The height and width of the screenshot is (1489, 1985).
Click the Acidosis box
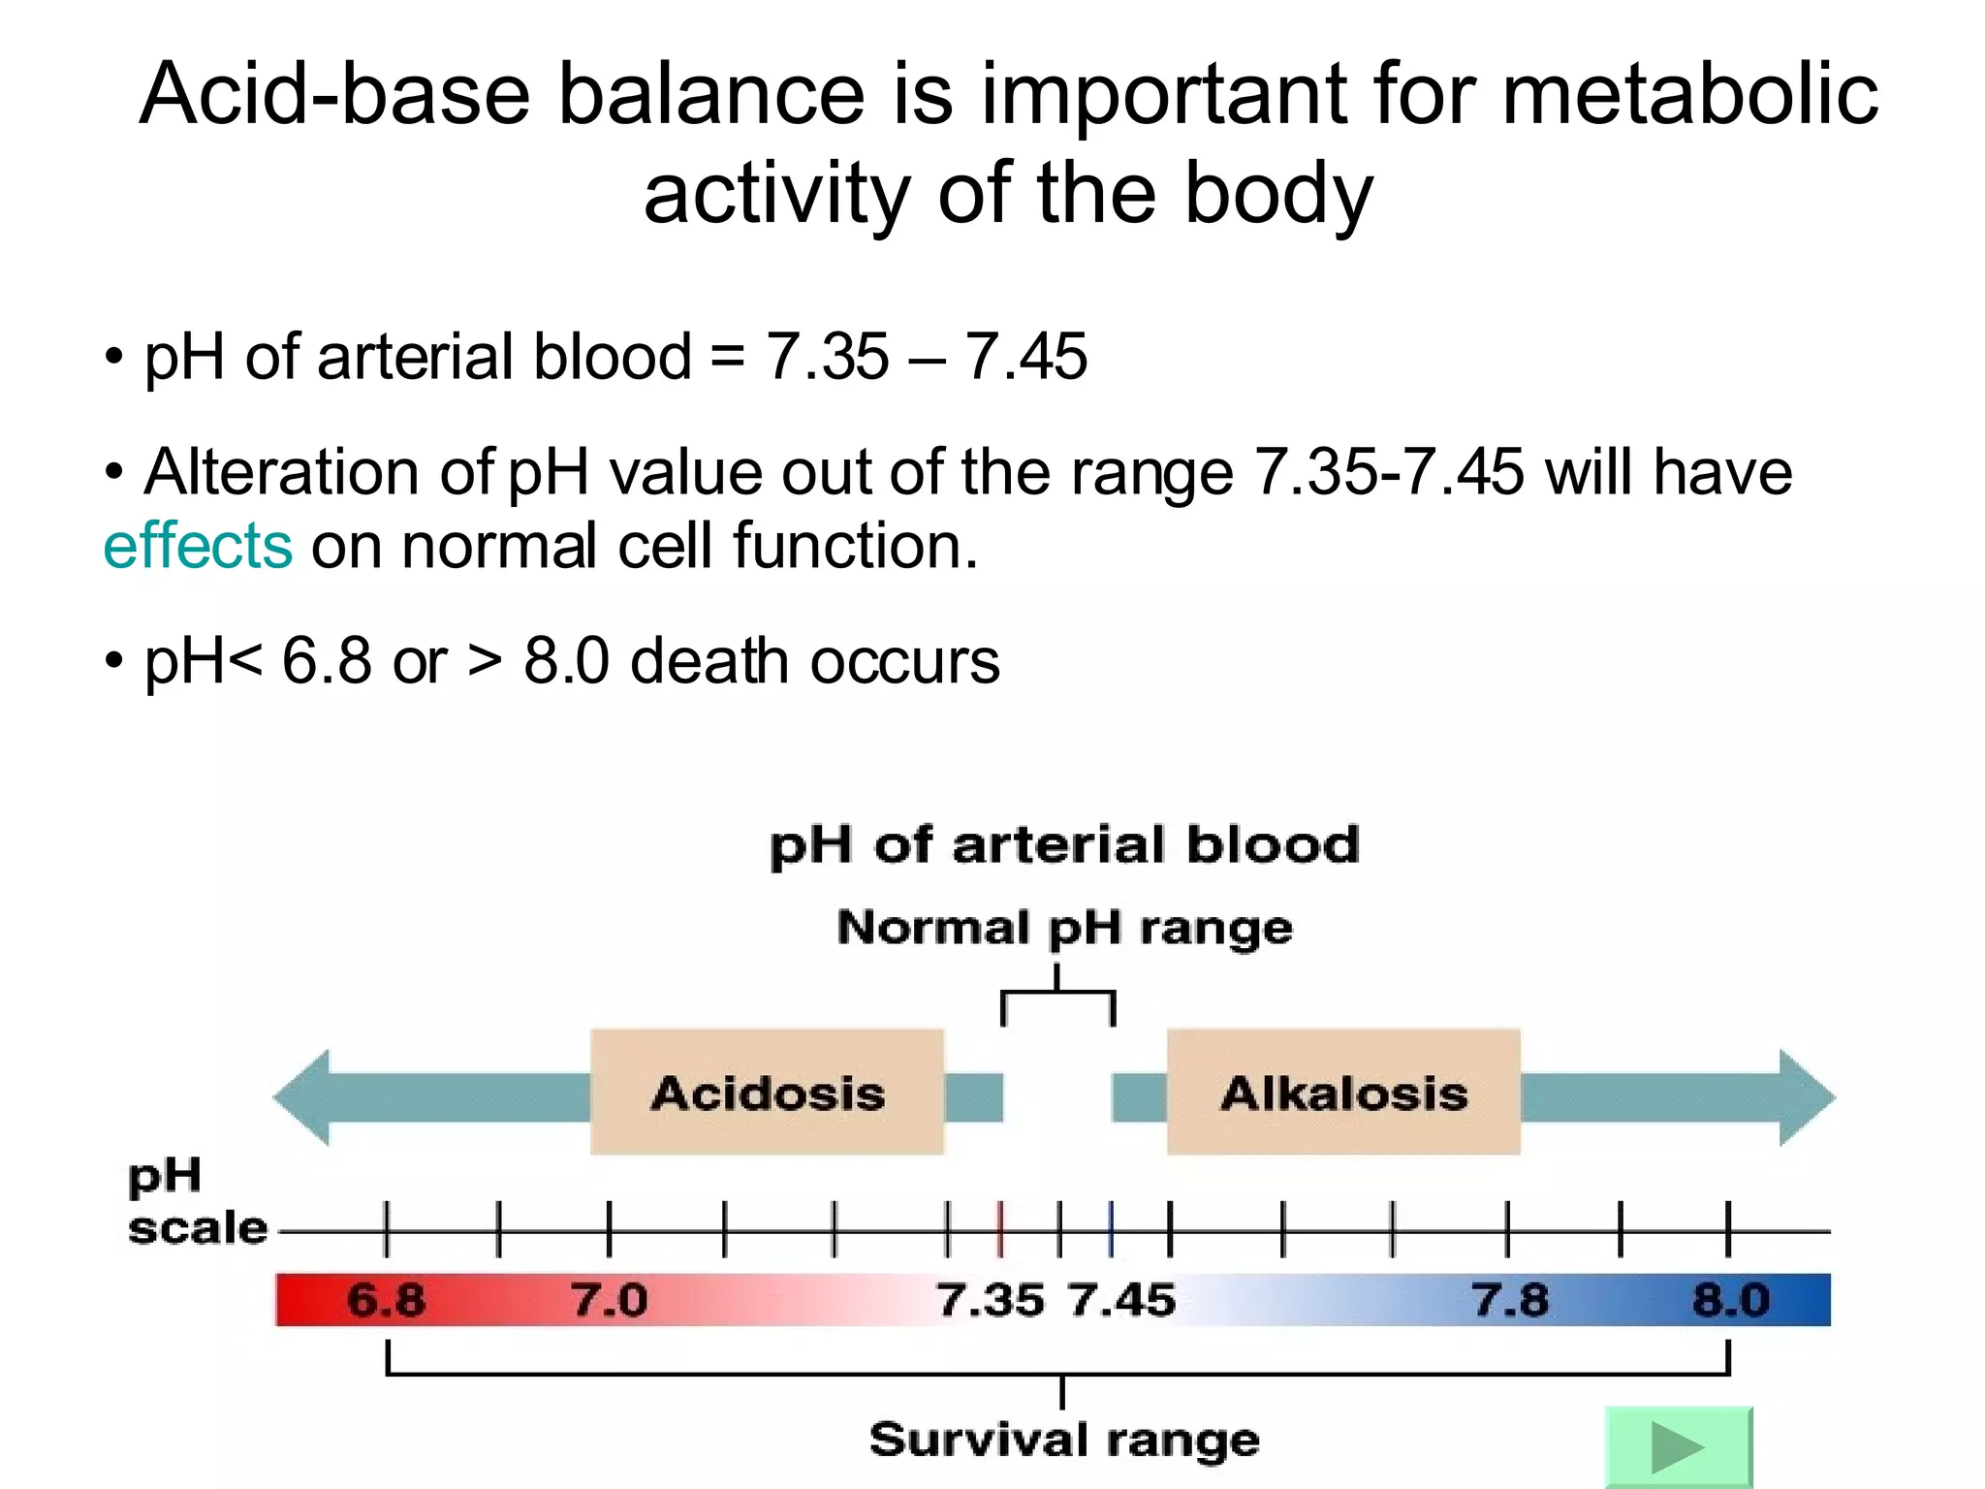pos(767,1093)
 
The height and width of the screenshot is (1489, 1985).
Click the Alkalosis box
pos(1343,1093)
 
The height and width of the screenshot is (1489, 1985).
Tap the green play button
pos(1678,1447)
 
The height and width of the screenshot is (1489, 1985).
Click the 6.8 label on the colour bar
pos(386,1300)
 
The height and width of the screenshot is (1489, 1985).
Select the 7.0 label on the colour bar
pos(609,1300)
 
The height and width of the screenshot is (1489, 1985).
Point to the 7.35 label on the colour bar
pos(991,1300)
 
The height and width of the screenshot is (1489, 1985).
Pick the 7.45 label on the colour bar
pos(1122,1300)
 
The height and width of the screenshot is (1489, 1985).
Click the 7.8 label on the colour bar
pos(1510,1300)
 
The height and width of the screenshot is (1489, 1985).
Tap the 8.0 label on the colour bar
pos(1731,1300)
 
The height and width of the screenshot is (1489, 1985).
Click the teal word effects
pos(198,546)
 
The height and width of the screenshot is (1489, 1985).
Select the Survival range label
pos(1064,1440)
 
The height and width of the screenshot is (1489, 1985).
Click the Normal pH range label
pos(1064,929)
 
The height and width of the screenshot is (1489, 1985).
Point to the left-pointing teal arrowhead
pos(302,1097)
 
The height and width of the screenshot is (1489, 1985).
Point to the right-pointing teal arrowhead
pos(1807,1097)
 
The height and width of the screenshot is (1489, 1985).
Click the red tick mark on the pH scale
pos(1001,1229)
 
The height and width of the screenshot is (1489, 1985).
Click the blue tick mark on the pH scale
pos(1111,1229)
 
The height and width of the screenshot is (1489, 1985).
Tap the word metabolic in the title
pos(1689,95)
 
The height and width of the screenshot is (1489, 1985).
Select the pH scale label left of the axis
pos(197,1202)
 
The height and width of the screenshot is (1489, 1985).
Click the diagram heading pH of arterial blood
pos(1064,845)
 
